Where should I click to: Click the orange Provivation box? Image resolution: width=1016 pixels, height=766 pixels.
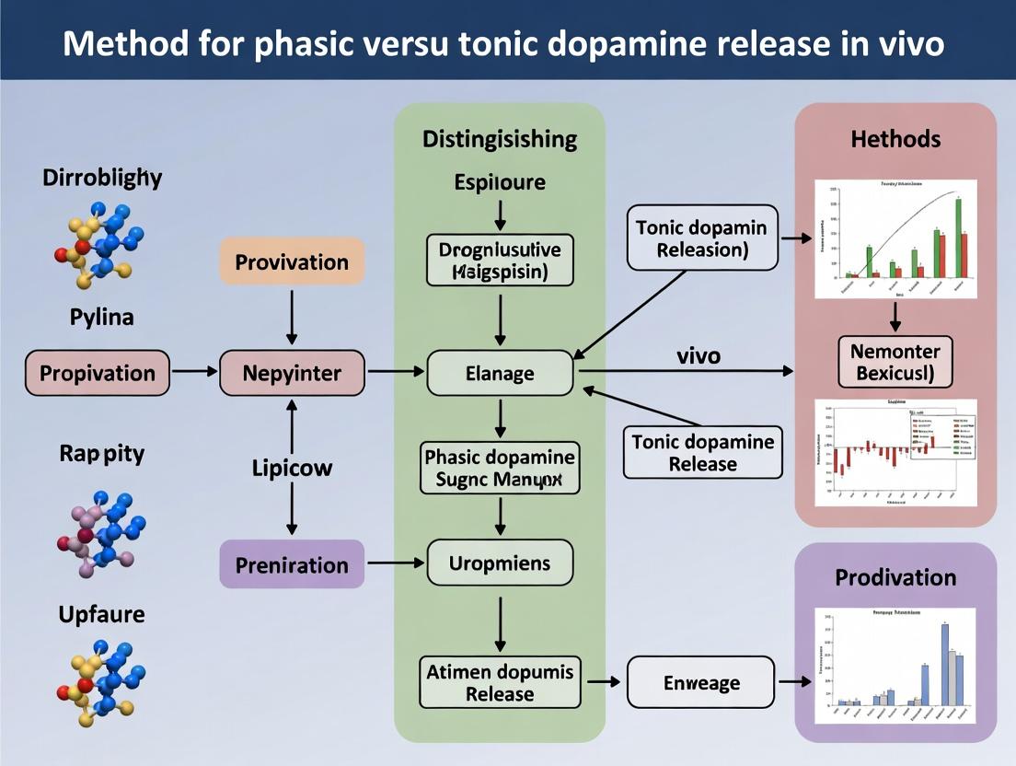click(x=292, y=261)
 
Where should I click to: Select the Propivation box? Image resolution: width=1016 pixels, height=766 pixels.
click(x=98, y=373)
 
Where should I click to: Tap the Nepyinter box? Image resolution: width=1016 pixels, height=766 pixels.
click(x=292, y=373)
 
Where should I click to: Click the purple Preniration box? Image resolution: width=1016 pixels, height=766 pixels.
click(x=292, y=564)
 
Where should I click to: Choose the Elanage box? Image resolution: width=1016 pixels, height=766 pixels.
click(x=500, y=373)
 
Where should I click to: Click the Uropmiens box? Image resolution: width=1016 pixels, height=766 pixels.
click(x=500, y=562)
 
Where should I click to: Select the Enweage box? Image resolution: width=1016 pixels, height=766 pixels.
click(x=701, y=682)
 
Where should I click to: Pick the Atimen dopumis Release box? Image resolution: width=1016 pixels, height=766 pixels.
click(x=500, y=682)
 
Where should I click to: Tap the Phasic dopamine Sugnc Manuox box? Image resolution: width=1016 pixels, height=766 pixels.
click(x=500, y=468)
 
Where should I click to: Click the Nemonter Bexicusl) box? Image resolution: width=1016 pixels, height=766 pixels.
click(x=895, y=362)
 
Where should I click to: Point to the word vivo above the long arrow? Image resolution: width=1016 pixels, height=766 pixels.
click(x=698, y=355)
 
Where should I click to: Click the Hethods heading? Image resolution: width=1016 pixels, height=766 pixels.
click(x=895, y=139)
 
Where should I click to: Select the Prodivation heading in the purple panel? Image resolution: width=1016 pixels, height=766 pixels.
click(x=895, y=577)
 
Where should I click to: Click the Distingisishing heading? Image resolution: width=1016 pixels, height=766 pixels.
click(x=500, y=139)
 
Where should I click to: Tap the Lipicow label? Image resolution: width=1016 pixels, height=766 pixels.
click(x=292, y=468)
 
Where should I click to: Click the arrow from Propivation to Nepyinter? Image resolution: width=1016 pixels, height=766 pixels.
click(x=193, y=373)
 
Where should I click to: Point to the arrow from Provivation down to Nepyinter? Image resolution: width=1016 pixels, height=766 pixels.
click(x=292, y=319)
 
